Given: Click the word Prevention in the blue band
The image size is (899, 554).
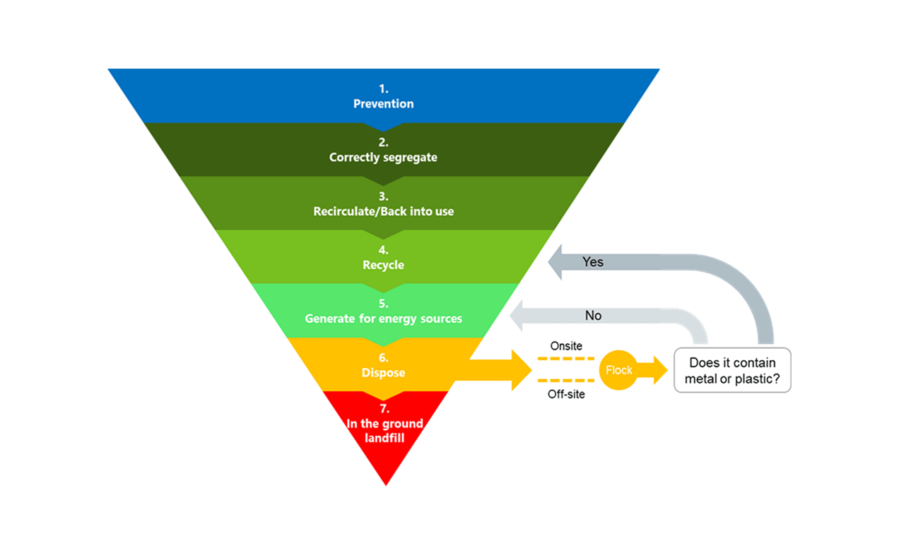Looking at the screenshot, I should pyautogui.click(x=383, y=104).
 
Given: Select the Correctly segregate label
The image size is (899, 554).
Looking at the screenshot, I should pyautogui.click(x=383, y=157).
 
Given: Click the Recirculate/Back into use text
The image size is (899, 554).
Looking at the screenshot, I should pyautogui.click(x=383, y=211).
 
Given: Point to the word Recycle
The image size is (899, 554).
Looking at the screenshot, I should pyautogui.click(x=383, y=265).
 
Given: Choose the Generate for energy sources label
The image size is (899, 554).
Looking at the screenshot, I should pyautogui.click(x=383, y=318).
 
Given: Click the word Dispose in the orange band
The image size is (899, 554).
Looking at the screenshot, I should pyautogui.click(x=383, y=372).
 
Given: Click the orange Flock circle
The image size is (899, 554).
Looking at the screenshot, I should pyautogui.click(x=618, y=370).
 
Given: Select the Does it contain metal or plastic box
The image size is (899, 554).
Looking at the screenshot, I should pyautogui.click(x=732, y=370).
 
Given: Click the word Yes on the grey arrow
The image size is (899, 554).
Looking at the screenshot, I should pyautogui.click(x=593, y=262).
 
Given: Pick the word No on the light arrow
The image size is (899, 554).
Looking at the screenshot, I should pyautogui.click(x=593, y=316).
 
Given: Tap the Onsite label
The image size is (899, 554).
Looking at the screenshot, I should pyautogui.click(x=566, y=346).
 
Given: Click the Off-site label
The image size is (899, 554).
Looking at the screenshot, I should pyautogui.click(x=566, y=394).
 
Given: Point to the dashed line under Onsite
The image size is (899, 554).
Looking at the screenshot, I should pyautogui.click(x=565, y=359).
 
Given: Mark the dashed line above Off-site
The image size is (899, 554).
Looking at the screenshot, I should pyautogui.click(x=565, y=381).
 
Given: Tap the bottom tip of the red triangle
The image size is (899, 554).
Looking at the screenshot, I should pyautogui.click(x=386, y=483).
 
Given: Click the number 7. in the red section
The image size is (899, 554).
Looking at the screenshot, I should pyautogui.click(x=383, y=409).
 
